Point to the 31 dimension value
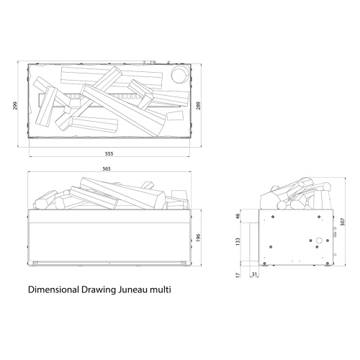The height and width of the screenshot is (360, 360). point(254,274)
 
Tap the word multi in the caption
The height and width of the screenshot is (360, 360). point(162,292)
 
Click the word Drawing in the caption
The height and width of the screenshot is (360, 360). point(99,292)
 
